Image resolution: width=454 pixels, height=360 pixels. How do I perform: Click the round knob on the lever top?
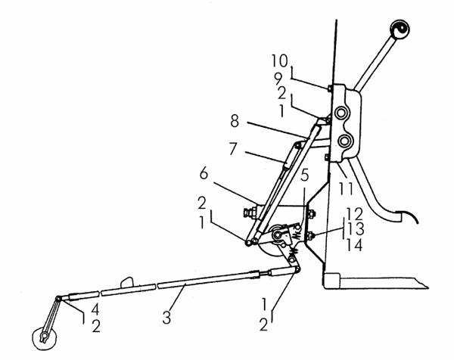(x=400, y=29)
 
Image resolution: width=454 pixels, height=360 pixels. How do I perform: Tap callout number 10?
(x=280, y=61)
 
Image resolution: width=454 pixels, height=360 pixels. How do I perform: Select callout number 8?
(x=235, y=121)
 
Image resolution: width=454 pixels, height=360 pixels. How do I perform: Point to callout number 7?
(x=233, y=149)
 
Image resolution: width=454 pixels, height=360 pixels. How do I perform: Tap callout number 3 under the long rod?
(x=166, y=317)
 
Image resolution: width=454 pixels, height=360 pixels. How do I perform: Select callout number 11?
(x=347, y=188)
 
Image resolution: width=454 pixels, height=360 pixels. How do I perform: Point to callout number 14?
(x=354, y=245)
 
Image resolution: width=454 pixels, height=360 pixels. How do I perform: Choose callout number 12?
(x=354, y=214)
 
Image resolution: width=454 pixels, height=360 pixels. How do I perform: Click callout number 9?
(x=278, y=78)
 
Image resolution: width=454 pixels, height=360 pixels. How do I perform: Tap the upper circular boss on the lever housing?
(x=342, y=112)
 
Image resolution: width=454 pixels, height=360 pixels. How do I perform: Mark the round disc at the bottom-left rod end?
(x=45, y=339)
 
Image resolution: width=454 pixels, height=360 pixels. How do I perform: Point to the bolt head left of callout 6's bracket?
(x=249, y=213)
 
